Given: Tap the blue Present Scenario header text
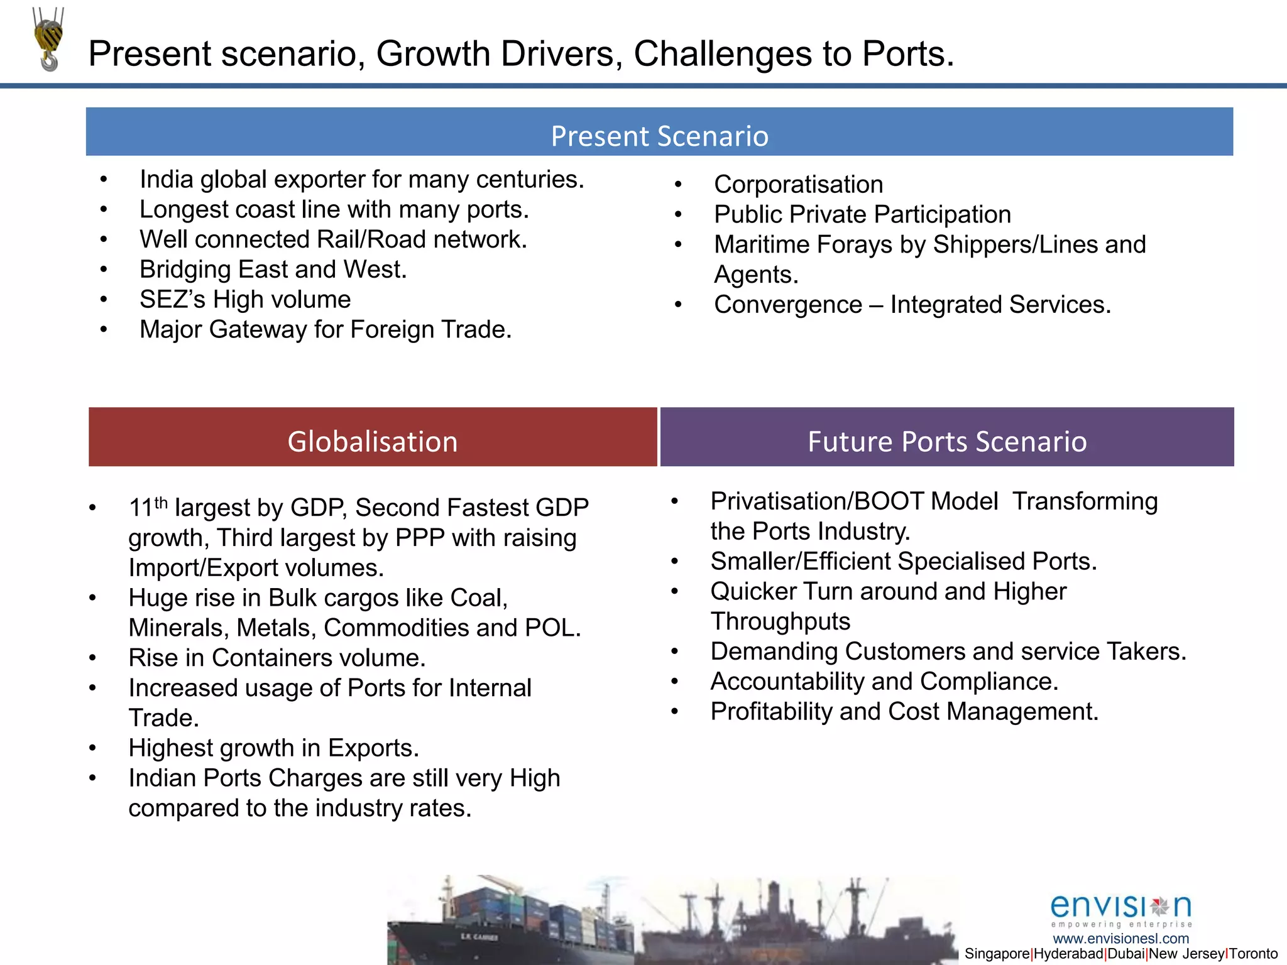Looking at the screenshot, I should [659, 136].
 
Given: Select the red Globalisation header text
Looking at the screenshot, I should [373, 441].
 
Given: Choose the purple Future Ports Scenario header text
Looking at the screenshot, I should [947, 441].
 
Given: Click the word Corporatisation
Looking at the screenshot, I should [799, 185].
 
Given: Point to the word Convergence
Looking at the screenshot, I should [788, 305].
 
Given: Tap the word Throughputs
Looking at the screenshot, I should [780, 621].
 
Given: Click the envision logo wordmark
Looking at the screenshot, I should [1120, 907].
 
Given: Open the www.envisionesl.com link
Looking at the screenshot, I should [1121, 939].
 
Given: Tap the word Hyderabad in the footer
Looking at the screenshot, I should [1068, 954].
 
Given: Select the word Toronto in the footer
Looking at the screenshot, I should [1254, 954].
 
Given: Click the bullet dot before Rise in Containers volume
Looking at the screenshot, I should [92, 658].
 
